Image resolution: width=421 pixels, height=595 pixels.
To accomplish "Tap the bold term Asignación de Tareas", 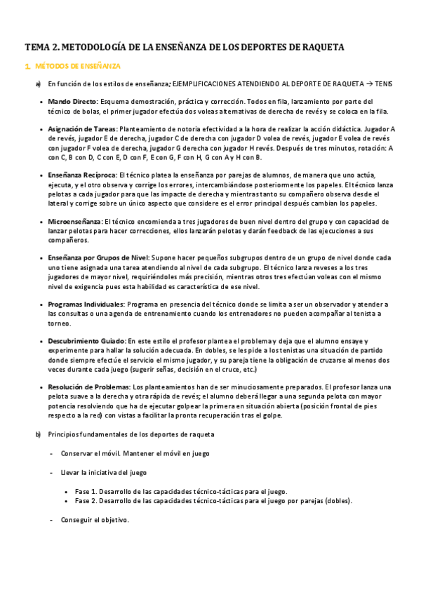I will coord(83,129).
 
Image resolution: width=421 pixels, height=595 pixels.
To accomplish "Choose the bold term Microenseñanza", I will coord(74,221).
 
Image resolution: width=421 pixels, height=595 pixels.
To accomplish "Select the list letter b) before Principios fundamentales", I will coord(38,434).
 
